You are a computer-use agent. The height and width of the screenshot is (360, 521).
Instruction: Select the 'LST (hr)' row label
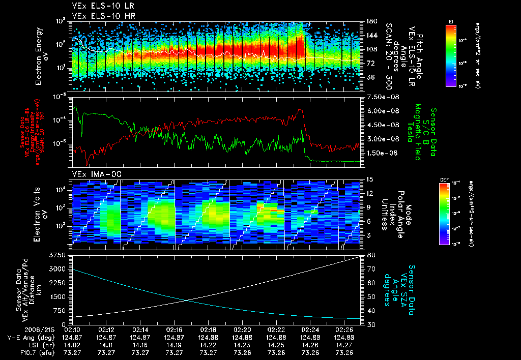[x=24, y=345]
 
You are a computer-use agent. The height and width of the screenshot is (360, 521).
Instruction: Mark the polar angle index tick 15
[x=369, y=179]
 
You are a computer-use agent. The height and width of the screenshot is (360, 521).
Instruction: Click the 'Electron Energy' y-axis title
[x=38, y=56]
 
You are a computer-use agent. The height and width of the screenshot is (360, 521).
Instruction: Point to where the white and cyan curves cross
[x=187, y=300]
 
